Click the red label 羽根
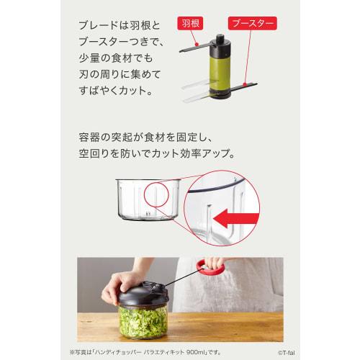(197, 24)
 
